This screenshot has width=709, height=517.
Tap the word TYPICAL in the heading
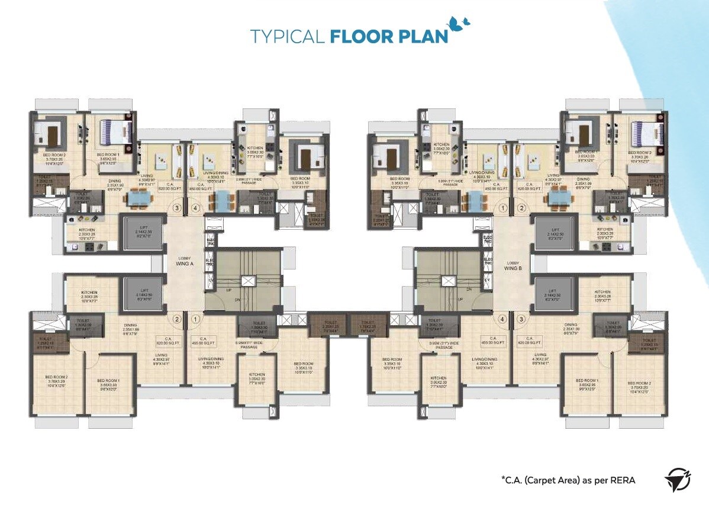286,36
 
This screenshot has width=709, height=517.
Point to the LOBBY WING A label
185,261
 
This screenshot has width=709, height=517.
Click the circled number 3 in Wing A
176,208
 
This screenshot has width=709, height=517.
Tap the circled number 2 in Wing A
176,319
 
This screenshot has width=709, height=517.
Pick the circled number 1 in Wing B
503,208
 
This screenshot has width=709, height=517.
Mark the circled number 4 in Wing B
503,319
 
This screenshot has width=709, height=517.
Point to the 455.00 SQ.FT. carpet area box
203,342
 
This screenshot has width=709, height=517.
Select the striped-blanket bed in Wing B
643,131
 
